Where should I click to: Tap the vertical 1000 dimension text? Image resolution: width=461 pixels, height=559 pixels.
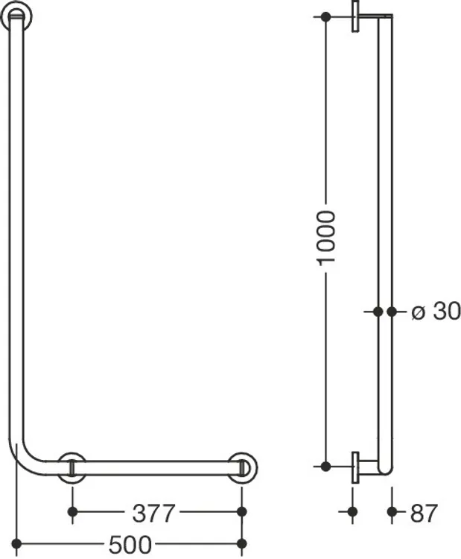pyautogui.click(x=326, y=239)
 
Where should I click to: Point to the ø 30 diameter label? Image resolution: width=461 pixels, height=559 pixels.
pyautogui.click(x=436, y=312)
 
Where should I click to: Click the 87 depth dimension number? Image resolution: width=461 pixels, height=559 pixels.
pyautogui.click(x=424, y=513)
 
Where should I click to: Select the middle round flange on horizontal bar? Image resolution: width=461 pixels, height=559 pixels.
pyautogui.click(x=72, y=468)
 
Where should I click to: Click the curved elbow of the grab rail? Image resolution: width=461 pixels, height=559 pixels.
pyautogui.click(x=25, y=459)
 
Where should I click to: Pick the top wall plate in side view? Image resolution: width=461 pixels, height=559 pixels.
pyautogui.click(x=355, y=16)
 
